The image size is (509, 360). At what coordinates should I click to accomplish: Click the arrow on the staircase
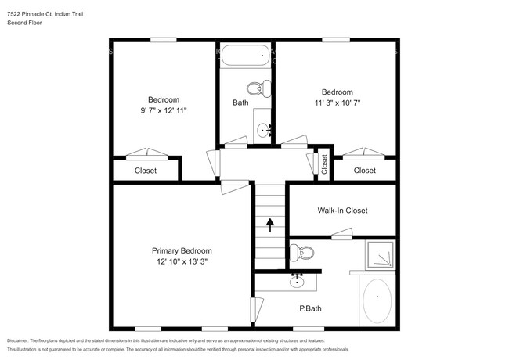point(270,225)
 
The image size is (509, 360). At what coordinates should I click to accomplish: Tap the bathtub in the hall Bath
point(244,56)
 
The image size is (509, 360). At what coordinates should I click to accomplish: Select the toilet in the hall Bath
point(256,88)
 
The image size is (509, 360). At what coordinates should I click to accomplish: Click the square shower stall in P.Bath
point(381,254)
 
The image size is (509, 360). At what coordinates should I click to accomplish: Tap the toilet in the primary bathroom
point(301,252)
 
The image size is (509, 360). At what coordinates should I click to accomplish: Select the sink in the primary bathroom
point(298,278)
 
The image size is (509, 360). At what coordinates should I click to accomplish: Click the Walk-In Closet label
point(342,211)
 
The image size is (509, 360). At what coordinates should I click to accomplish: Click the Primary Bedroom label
point(181,250)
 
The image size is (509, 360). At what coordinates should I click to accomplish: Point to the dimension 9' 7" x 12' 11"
point(164,111)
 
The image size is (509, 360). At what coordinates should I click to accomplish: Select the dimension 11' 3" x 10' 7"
point(337,103)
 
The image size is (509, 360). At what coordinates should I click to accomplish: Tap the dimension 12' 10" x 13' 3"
point(181,261)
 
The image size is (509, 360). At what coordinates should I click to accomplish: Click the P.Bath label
point(310,308)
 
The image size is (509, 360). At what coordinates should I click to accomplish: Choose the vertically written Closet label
point(323,164)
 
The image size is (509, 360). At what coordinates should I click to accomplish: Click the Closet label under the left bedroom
point(146,171)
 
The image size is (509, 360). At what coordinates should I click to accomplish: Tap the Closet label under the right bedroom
point(364,171)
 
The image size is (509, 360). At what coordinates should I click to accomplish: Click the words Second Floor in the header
point(24,23)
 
